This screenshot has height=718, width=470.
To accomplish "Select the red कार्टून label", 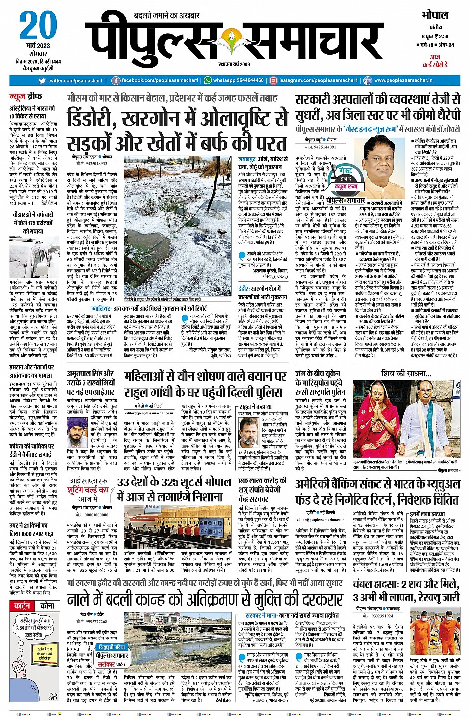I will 22,606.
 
